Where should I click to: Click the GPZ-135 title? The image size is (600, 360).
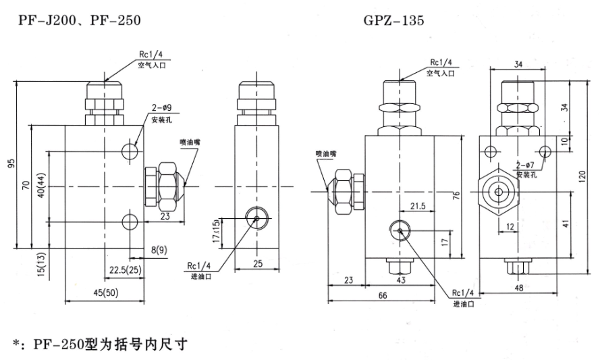[394, 20]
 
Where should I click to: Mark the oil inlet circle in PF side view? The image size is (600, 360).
[256, 217]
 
